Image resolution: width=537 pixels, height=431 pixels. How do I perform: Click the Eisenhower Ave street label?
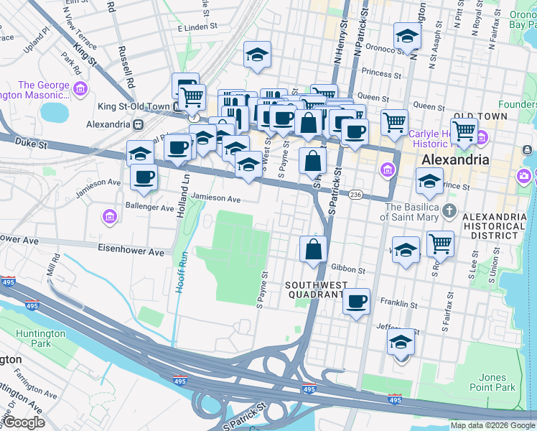click(131, 252)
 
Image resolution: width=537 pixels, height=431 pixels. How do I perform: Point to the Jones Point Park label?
click(497, 382)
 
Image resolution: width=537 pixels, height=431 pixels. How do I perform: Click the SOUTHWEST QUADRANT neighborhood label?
click(316, 289)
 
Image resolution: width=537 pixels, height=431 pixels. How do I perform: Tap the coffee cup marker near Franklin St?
click(355, 302)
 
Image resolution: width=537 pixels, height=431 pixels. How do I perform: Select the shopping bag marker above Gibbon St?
click(313, 250)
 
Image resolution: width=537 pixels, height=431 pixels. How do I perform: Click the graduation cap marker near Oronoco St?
click(407, 37)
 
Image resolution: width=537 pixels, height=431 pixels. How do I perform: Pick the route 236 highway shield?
click(355, 195)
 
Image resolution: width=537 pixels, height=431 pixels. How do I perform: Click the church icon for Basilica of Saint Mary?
click(449, 210)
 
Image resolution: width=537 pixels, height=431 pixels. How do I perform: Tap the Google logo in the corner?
click(24, 422)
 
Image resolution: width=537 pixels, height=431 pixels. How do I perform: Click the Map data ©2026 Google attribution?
click(492, 425)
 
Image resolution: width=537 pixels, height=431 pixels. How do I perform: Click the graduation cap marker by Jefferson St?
click(401, 342)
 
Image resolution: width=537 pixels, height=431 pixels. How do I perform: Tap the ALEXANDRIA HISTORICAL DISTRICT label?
click(493, 226)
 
